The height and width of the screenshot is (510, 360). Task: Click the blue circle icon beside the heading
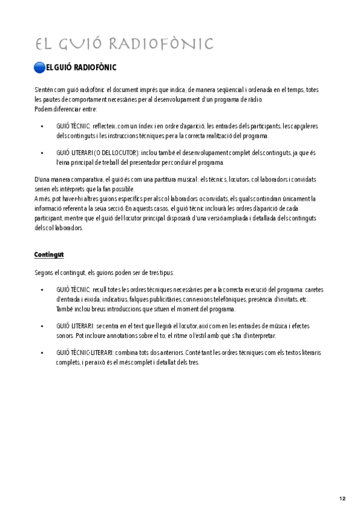(x=40, y=66)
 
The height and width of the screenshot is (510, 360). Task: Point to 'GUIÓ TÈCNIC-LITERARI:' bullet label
(x=81, y=353)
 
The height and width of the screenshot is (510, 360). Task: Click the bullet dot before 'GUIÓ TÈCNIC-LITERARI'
(x=41, y=353)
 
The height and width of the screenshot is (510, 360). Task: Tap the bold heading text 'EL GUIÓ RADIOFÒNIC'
(x=81, y=67)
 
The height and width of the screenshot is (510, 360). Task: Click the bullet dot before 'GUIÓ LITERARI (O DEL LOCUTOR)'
(x=41, y=153)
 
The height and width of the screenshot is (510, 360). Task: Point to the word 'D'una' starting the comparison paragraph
(x=43, y=179)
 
